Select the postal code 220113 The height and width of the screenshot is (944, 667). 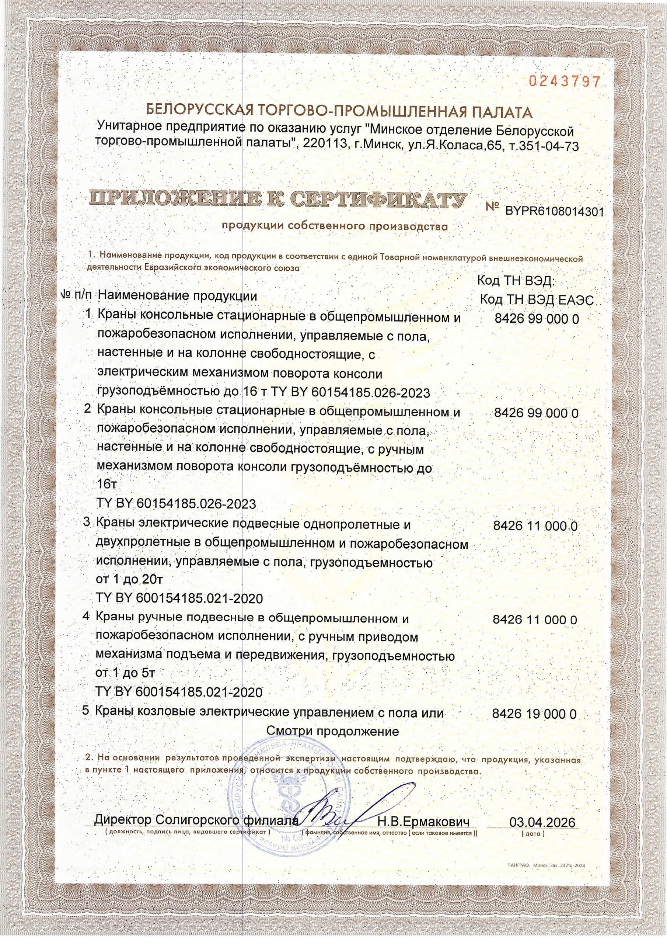point(322,145)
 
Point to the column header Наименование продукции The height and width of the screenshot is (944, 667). point(177,296)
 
